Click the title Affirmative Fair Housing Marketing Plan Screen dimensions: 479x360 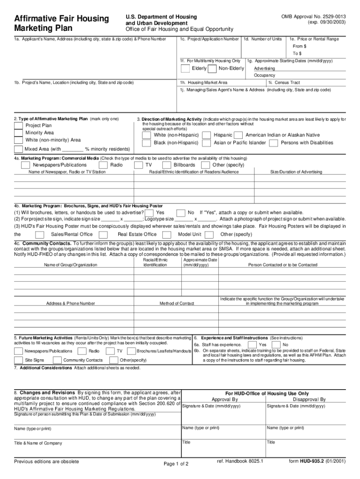pos(61,23)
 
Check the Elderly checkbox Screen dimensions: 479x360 pos(185,69)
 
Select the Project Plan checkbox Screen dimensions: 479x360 pos(18,125)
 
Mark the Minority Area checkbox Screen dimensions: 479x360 pos(18,133)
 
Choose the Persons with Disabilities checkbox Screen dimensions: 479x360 pos(274,143)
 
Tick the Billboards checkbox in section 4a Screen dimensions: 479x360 pos(166,165)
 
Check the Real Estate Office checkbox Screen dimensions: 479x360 pos(104,234)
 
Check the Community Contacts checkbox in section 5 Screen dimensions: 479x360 pos(57,360)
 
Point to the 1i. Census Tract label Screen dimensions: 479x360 pos(284,82)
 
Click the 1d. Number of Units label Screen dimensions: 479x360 pos(263,39)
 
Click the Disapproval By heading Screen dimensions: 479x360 pos(309,399)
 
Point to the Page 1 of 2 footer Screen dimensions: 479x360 pos(176,464)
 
